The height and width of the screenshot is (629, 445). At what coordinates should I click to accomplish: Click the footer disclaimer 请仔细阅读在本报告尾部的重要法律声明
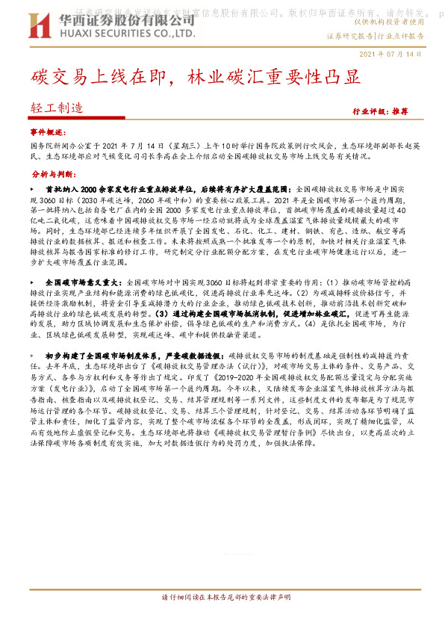pos(222,618)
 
